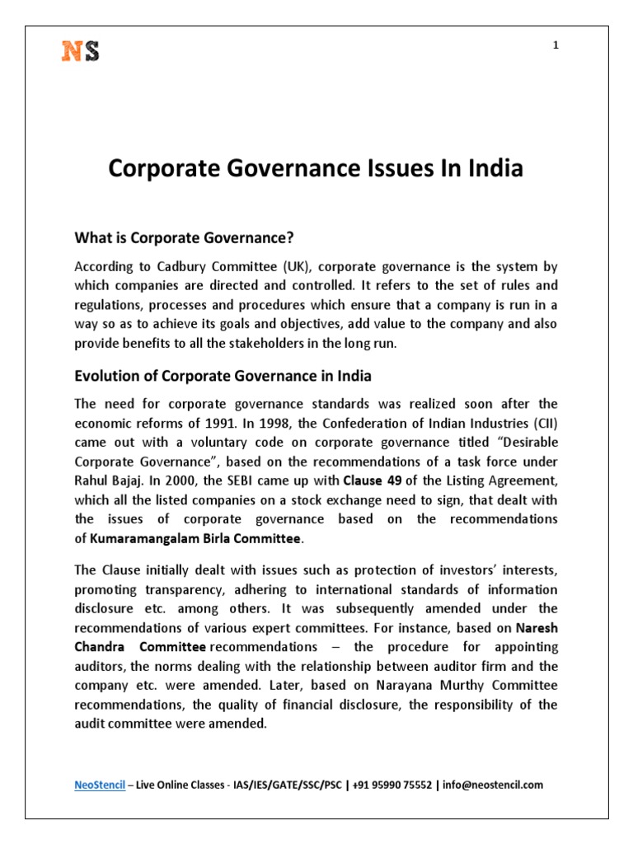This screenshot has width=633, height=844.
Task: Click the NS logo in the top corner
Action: [81, 51]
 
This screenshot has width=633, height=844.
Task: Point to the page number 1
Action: [556, 45]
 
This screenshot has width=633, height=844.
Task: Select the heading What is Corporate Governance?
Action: [185, 238]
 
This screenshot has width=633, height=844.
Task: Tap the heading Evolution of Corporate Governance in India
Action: [223, 376]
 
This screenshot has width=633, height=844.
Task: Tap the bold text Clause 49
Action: [371, 481]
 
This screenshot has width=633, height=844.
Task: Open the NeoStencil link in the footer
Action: [100, 785]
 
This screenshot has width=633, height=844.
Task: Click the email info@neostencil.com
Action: [494, 785]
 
